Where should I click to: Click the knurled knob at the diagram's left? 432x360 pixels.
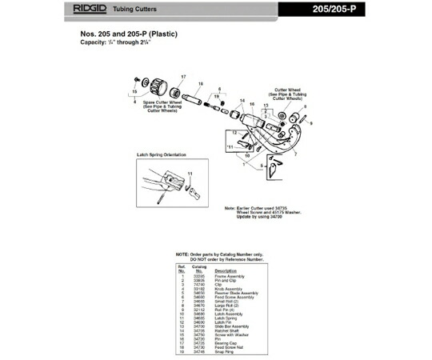(x=158, y=83)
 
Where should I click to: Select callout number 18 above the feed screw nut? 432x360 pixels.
(x=199, y=83)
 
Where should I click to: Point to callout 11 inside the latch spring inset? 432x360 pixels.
(x=190, y=173)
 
